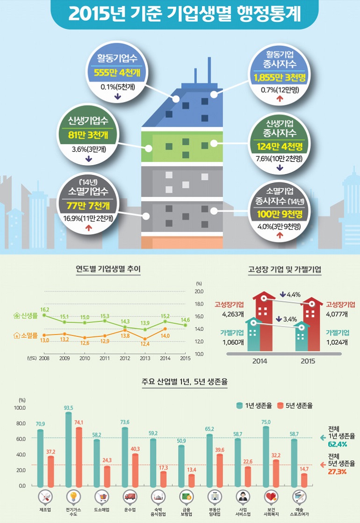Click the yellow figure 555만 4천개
tap(117, 74)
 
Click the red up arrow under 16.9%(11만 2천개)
tap(88, 228)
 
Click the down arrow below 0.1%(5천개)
tap(117, 97)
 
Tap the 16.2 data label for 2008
tap(45, 310)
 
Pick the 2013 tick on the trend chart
tap(145, 358)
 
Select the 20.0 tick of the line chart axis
tap(199, 291)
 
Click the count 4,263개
tap(231, 314)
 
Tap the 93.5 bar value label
tap(69, 408)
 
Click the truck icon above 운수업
tap(130, 496)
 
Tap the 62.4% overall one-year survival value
tap(337, 444)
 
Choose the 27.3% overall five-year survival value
tap(337, 472)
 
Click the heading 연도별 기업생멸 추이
tap(108, 269)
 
